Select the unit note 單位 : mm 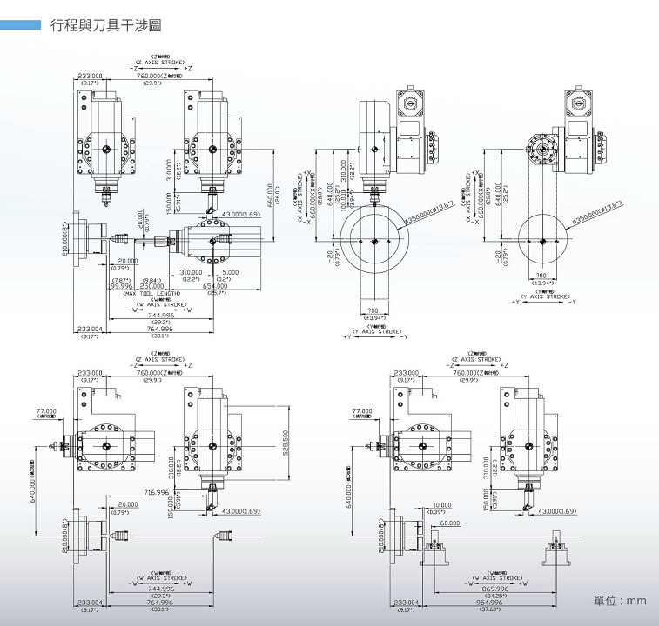(620, 601)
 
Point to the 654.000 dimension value (215, 286)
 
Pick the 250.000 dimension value (152, 286)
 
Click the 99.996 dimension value (121, 286)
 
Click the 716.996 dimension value (158, 493)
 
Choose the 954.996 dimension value (490, 602)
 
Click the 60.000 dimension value (449, 523)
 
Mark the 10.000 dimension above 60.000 (442, 504)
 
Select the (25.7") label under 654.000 (215, 293)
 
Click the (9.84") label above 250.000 (152, 279)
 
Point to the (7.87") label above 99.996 (121, 279)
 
